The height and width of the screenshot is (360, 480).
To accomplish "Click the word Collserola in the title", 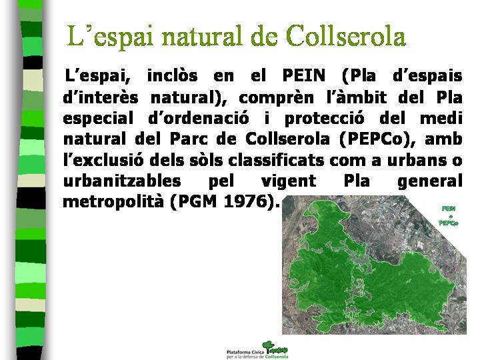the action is [346, 35].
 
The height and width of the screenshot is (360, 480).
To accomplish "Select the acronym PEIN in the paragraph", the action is [304, 75].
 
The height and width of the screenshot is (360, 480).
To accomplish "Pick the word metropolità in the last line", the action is [113, 202].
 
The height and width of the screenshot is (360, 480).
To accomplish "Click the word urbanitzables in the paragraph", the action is [122, 181].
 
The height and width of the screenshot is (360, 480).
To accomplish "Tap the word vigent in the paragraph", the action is [289, 181].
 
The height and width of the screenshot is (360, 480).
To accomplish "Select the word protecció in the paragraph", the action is [325, 119].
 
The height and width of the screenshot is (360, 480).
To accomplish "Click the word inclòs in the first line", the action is [173, 75].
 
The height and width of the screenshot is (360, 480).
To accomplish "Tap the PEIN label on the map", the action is [449, 209].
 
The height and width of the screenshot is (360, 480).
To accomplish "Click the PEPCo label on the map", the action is [449, 223].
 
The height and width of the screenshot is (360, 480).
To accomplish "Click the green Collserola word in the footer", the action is [277, 357].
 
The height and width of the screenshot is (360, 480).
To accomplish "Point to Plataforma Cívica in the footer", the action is [245, 353].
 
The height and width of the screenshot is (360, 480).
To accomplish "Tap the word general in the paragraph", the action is [430, 181].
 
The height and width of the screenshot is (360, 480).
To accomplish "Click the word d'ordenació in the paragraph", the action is [199, 118].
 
